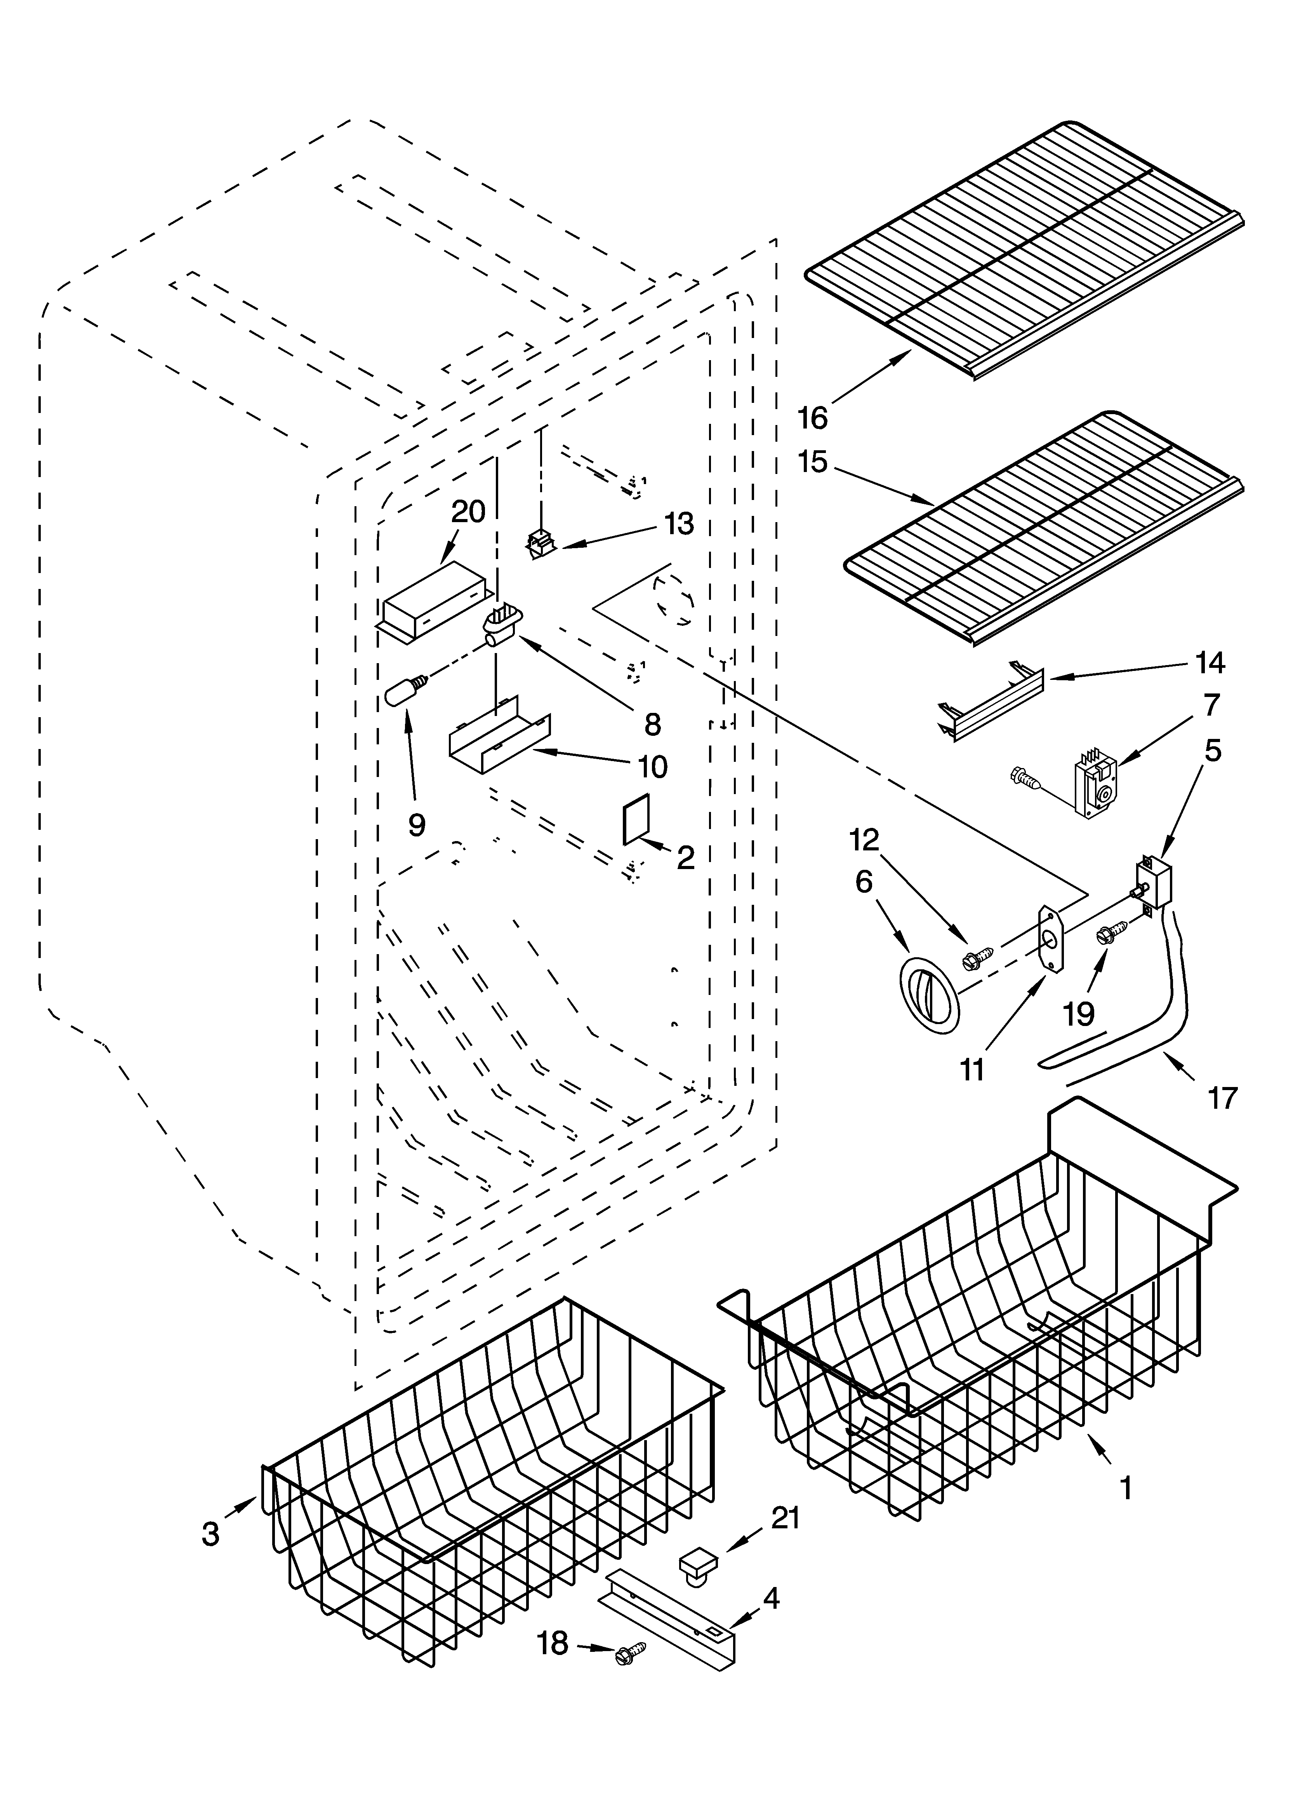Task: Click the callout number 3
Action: coord(210,1534)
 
